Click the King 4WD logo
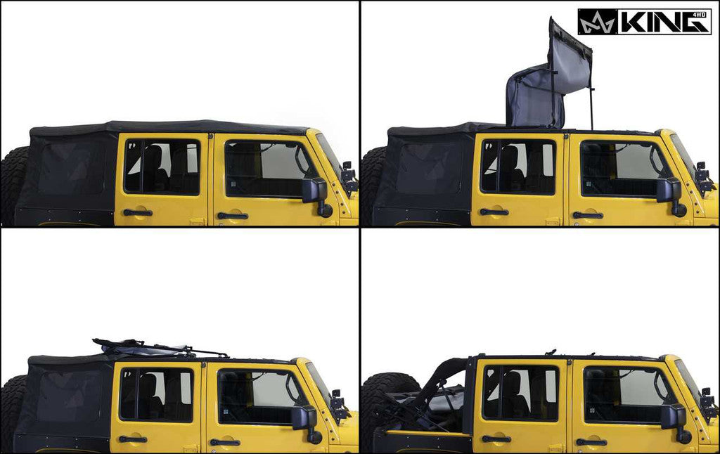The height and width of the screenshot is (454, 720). tap(644, 22)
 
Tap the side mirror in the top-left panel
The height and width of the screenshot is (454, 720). tap(314, 190)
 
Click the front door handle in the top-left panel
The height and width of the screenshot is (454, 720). tap(232, 216)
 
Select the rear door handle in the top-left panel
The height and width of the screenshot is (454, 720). tap(137, 212)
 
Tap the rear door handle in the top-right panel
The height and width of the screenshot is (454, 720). tap(494, 212)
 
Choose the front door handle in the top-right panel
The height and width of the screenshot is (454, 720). tap(588, 215)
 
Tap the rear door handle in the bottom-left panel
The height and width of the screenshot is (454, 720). tap(132, 439)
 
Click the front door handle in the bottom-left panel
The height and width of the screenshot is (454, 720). tap(224, 442)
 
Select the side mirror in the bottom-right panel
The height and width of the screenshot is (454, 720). tap(674, 417)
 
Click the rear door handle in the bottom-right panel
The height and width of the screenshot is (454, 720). tap(496, 439)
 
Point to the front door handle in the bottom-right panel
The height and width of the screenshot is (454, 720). tap(590, 442)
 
